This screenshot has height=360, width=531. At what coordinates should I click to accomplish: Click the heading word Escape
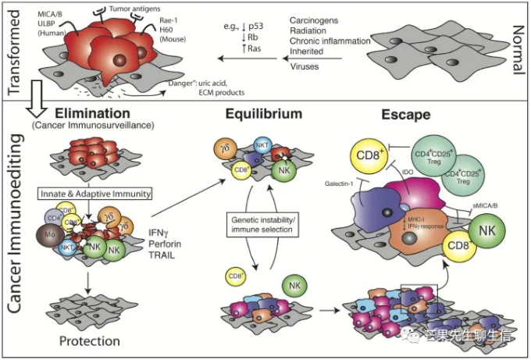(x=407, y=114)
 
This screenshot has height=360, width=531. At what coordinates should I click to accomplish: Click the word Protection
(x=90, y=341)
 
